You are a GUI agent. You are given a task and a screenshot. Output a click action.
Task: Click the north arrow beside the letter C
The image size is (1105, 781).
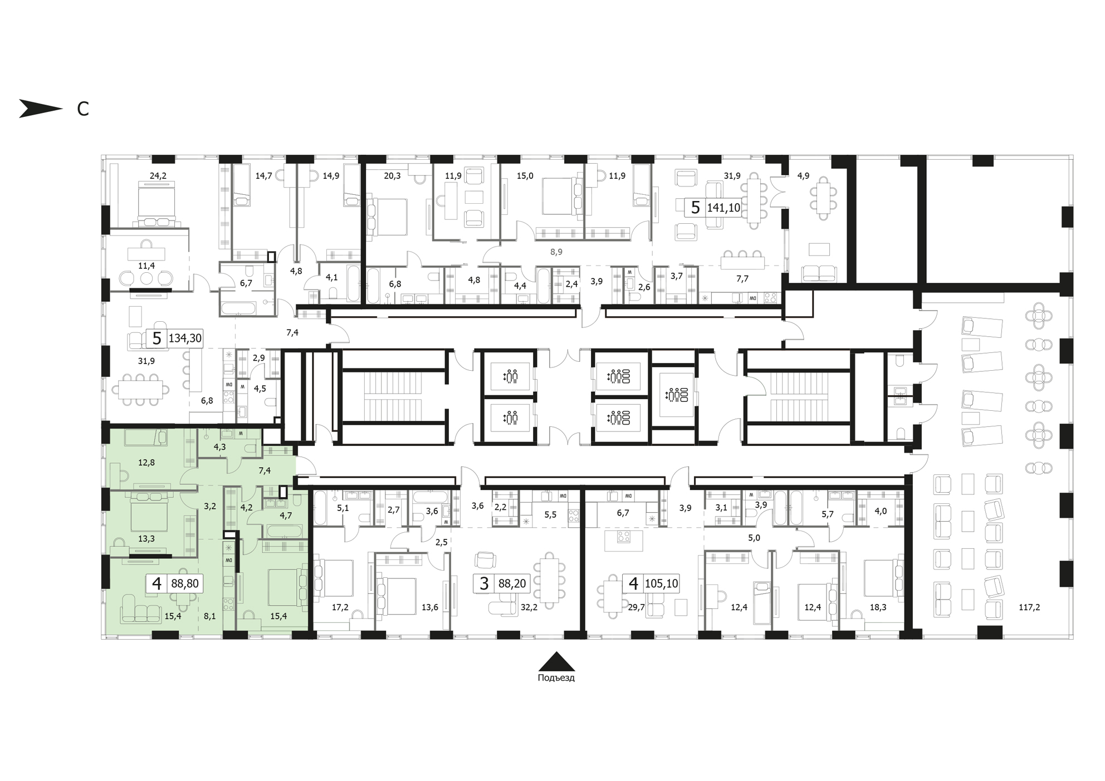pos(41,109)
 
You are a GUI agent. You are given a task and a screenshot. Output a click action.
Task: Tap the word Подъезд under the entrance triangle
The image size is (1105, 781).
pos(556,678)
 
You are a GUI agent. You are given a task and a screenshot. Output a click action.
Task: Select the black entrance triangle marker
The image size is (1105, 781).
pos(556,661)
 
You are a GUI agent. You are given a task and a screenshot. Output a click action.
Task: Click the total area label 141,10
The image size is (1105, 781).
pos(723,208)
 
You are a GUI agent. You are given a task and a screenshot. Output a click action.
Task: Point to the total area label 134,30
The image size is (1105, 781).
pos(185,338)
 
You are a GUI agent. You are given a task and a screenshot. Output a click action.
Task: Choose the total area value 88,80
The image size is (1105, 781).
pos(185,583)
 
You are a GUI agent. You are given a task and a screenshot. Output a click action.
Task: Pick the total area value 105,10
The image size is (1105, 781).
pos(661,583)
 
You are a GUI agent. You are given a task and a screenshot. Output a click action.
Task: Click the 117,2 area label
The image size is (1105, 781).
pos(1029,607)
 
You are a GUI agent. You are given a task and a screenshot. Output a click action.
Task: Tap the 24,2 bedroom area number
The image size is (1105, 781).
pos(158,176)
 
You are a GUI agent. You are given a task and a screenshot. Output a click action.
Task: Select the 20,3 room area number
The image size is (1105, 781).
pos(392,176)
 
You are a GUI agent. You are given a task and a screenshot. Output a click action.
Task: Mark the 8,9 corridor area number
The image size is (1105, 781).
pos(556,252)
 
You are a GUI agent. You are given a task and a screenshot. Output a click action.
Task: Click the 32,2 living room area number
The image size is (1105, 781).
pos(529,607)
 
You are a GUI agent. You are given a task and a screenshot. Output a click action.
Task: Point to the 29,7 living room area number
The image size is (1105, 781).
pos(636,607)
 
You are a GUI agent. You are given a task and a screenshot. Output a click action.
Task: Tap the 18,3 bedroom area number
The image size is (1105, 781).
pos(878,607)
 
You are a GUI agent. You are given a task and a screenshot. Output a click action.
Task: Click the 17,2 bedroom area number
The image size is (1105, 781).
pos(340,607)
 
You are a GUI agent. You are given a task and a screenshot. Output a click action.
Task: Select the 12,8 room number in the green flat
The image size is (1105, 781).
pos(146,462)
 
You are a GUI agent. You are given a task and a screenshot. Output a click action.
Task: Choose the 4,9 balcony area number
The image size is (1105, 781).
pos(803,176)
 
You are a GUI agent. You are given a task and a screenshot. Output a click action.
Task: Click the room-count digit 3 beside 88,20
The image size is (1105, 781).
pos(485,583)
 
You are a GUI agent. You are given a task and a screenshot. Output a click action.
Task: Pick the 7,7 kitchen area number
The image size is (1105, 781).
pos(742,279)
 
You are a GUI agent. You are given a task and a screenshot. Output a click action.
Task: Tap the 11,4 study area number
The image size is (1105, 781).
pos(146,266)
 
